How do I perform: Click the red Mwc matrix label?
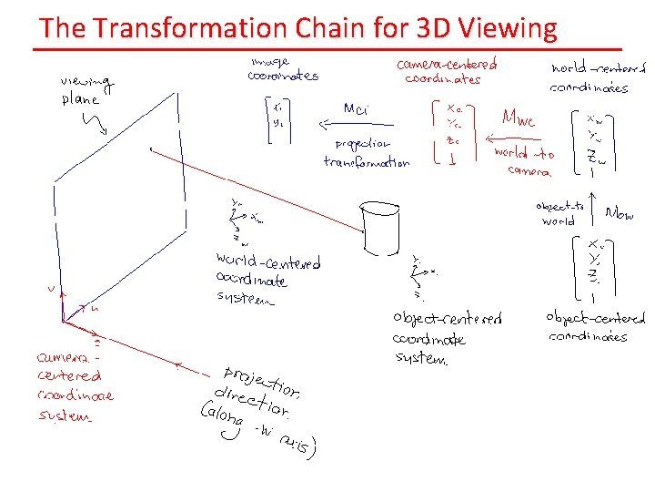tap(519, 118)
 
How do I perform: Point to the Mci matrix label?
tap(355, 108)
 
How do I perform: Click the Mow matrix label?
tap(620, 214)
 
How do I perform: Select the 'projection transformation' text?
tap(366, 153)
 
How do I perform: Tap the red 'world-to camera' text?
tap(524, 160)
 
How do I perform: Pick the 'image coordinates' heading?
tap(282, 69)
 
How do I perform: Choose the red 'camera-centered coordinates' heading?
tap(446, 71)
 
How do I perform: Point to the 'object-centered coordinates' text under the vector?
tap(595, 327)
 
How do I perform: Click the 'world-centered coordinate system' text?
tap(267, 279)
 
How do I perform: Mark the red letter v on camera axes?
tap(50, 290)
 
